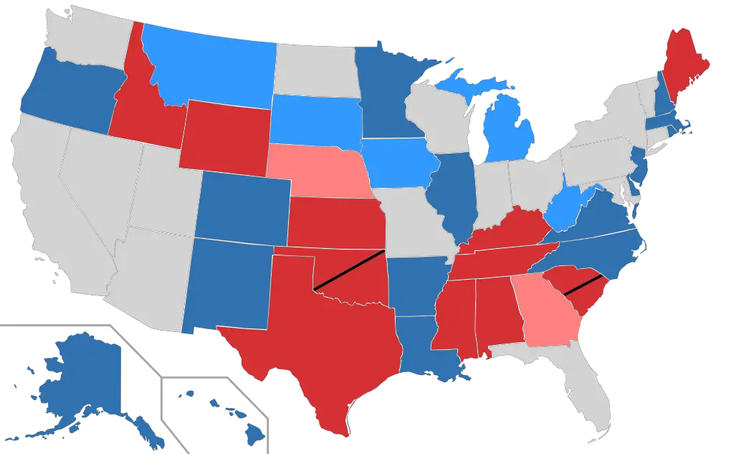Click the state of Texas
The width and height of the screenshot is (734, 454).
(323, 344)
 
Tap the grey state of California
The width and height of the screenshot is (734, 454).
(50, 215)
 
